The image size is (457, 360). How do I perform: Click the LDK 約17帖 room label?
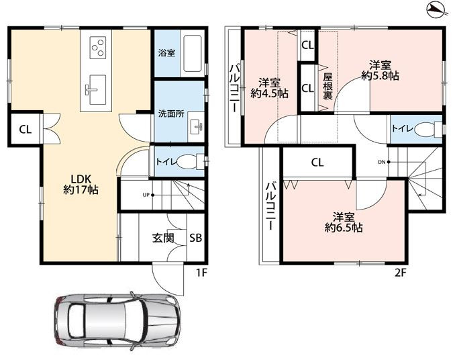click(81, 185)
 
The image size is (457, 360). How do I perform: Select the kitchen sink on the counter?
click(97, 89)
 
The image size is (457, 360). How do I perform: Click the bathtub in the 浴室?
click(193, 54)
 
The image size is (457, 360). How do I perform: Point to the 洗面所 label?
click(171, 114)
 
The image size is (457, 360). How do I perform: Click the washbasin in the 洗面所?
click(195, 127)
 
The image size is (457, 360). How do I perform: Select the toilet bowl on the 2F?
click(427, 129)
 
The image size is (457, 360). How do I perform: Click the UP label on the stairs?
click(146, 195)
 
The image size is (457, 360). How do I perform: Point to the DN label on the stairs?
click(382, 163)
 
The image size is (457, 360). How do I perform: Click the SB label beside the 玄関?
click(195, 238)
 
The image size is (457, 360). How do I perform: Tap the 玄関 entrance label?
click(163, 238)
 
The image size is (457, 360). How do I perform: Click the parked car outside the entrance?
click(117, 321)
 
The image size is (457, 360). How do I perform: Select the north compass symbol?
click(437, 11)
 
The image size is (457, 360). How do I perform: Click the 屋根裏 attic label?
click(327, 87)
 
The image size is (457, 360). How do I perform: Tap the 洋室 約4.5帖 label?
click(270, 88)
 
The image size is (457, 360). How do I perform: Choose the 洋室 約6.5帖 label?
click(344, 222)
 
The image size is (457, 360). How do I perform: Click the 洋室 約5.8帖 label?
click(380, 71)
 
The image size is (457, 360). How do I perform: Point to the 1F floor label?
click(201, 273)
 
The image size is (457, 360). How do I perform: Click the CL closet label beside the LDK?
click(26, 129)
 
